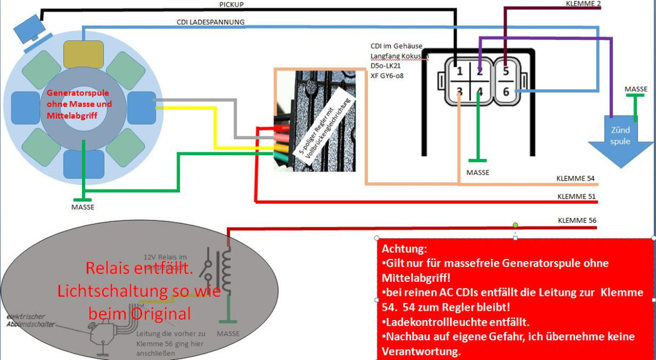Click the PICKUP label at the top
tap(231, 4)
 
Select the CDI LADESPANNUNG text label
tap(210, 22)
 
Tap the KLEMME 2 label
tap(583, 4)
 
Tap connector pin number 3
tap(459, 92)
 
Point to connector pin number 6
tap(505, 92)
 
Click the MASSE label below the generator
tap(82, 208)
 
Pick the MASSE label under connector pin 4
tap(477, 172)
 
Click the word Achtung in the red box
tap(404, 249)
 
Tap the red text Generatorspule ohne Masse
tap(79, 103)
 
